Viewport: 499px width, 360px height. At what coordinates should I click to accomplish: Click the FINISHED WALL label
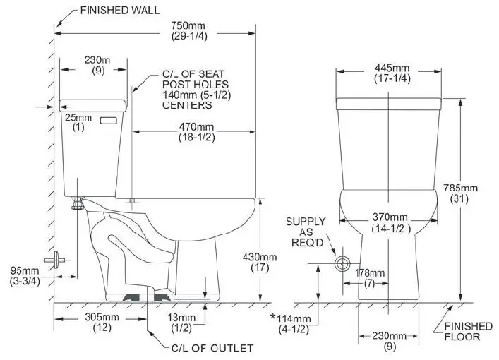coord(119,11)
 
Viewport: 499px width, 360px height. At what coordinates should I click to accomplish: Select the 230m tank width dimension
coord(95,66)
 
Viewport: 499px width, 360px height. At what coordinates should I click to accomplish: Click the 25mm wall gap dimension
coord(73,121)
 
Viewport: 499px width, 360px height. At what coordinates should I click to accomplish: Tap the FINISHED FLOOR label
coord(468,331)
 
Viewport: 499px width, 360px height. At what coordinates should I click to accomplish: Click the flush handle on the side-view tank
coord(108,121)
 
